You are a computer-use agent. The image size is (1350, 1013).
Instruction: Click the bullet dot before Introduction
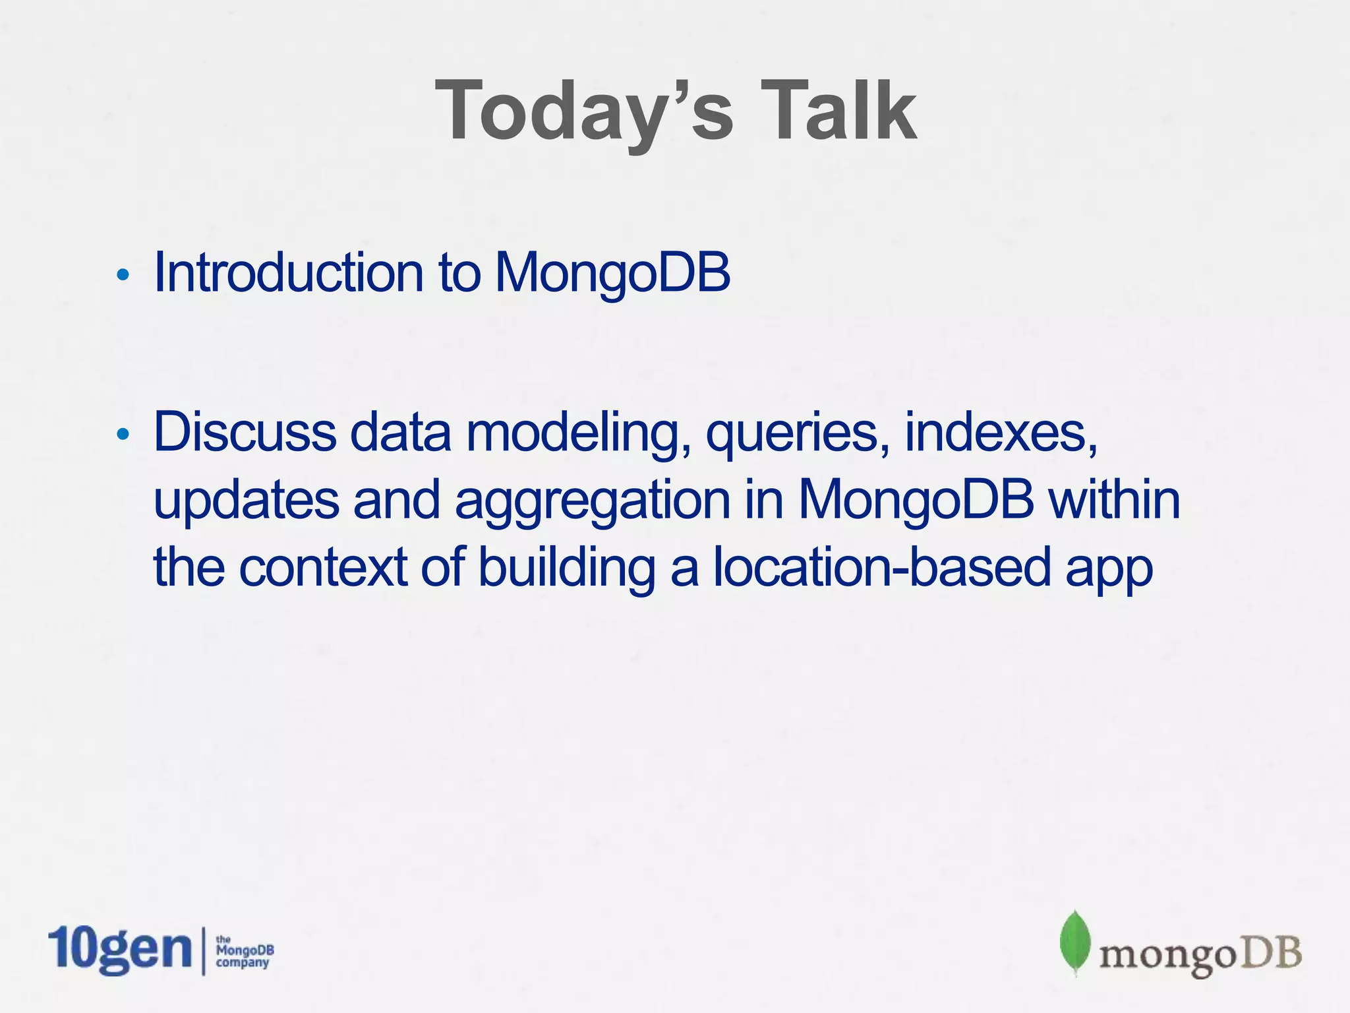122,275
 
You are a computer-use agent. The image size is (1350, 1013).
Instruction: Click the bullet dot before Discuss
122,434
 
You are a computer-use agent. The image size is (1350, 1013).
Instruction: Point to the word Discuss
245,431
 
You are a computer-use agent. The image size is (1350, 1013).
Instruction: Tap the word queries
798,435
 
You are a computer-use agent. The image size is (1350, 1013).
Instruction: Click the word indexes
1001,433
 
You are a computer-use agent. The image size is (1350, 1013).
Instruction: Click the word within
1114,499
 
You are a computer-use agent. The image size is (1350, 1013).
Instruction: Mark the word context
323,567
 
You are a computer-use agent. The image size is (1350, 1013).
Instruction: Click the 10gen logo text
119,950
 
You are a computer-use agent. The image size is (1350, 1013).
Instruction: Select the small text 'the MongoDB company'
245,952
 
